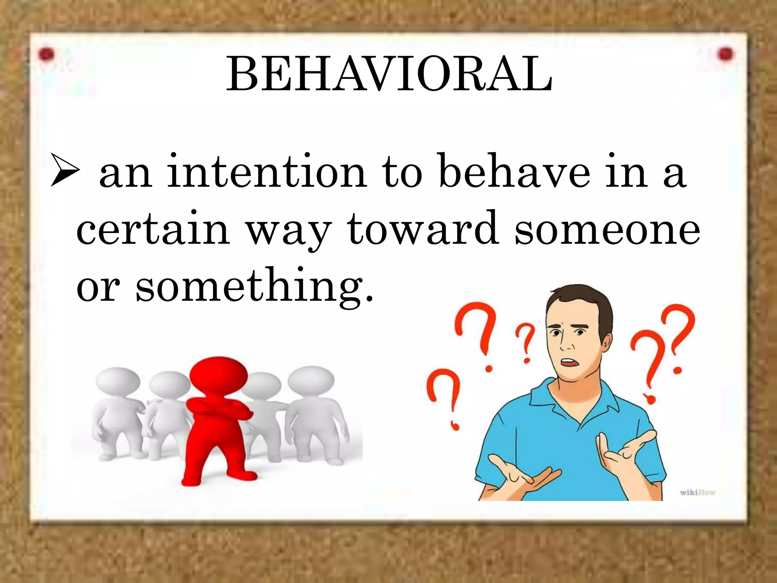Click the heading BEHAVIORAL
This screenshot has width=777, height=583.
coord(389,74)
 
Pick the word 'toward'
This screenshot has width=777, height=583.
coord(423,228)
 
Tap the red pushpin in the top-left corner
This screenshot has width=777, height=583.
coord(46,55)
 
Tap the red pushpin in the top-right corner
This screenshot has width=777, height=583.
coord(725,54)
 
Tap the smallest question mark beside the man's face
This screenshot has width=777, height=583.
coord(525,342)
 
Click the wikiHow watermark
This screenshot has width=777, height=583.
coord(697,493)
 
